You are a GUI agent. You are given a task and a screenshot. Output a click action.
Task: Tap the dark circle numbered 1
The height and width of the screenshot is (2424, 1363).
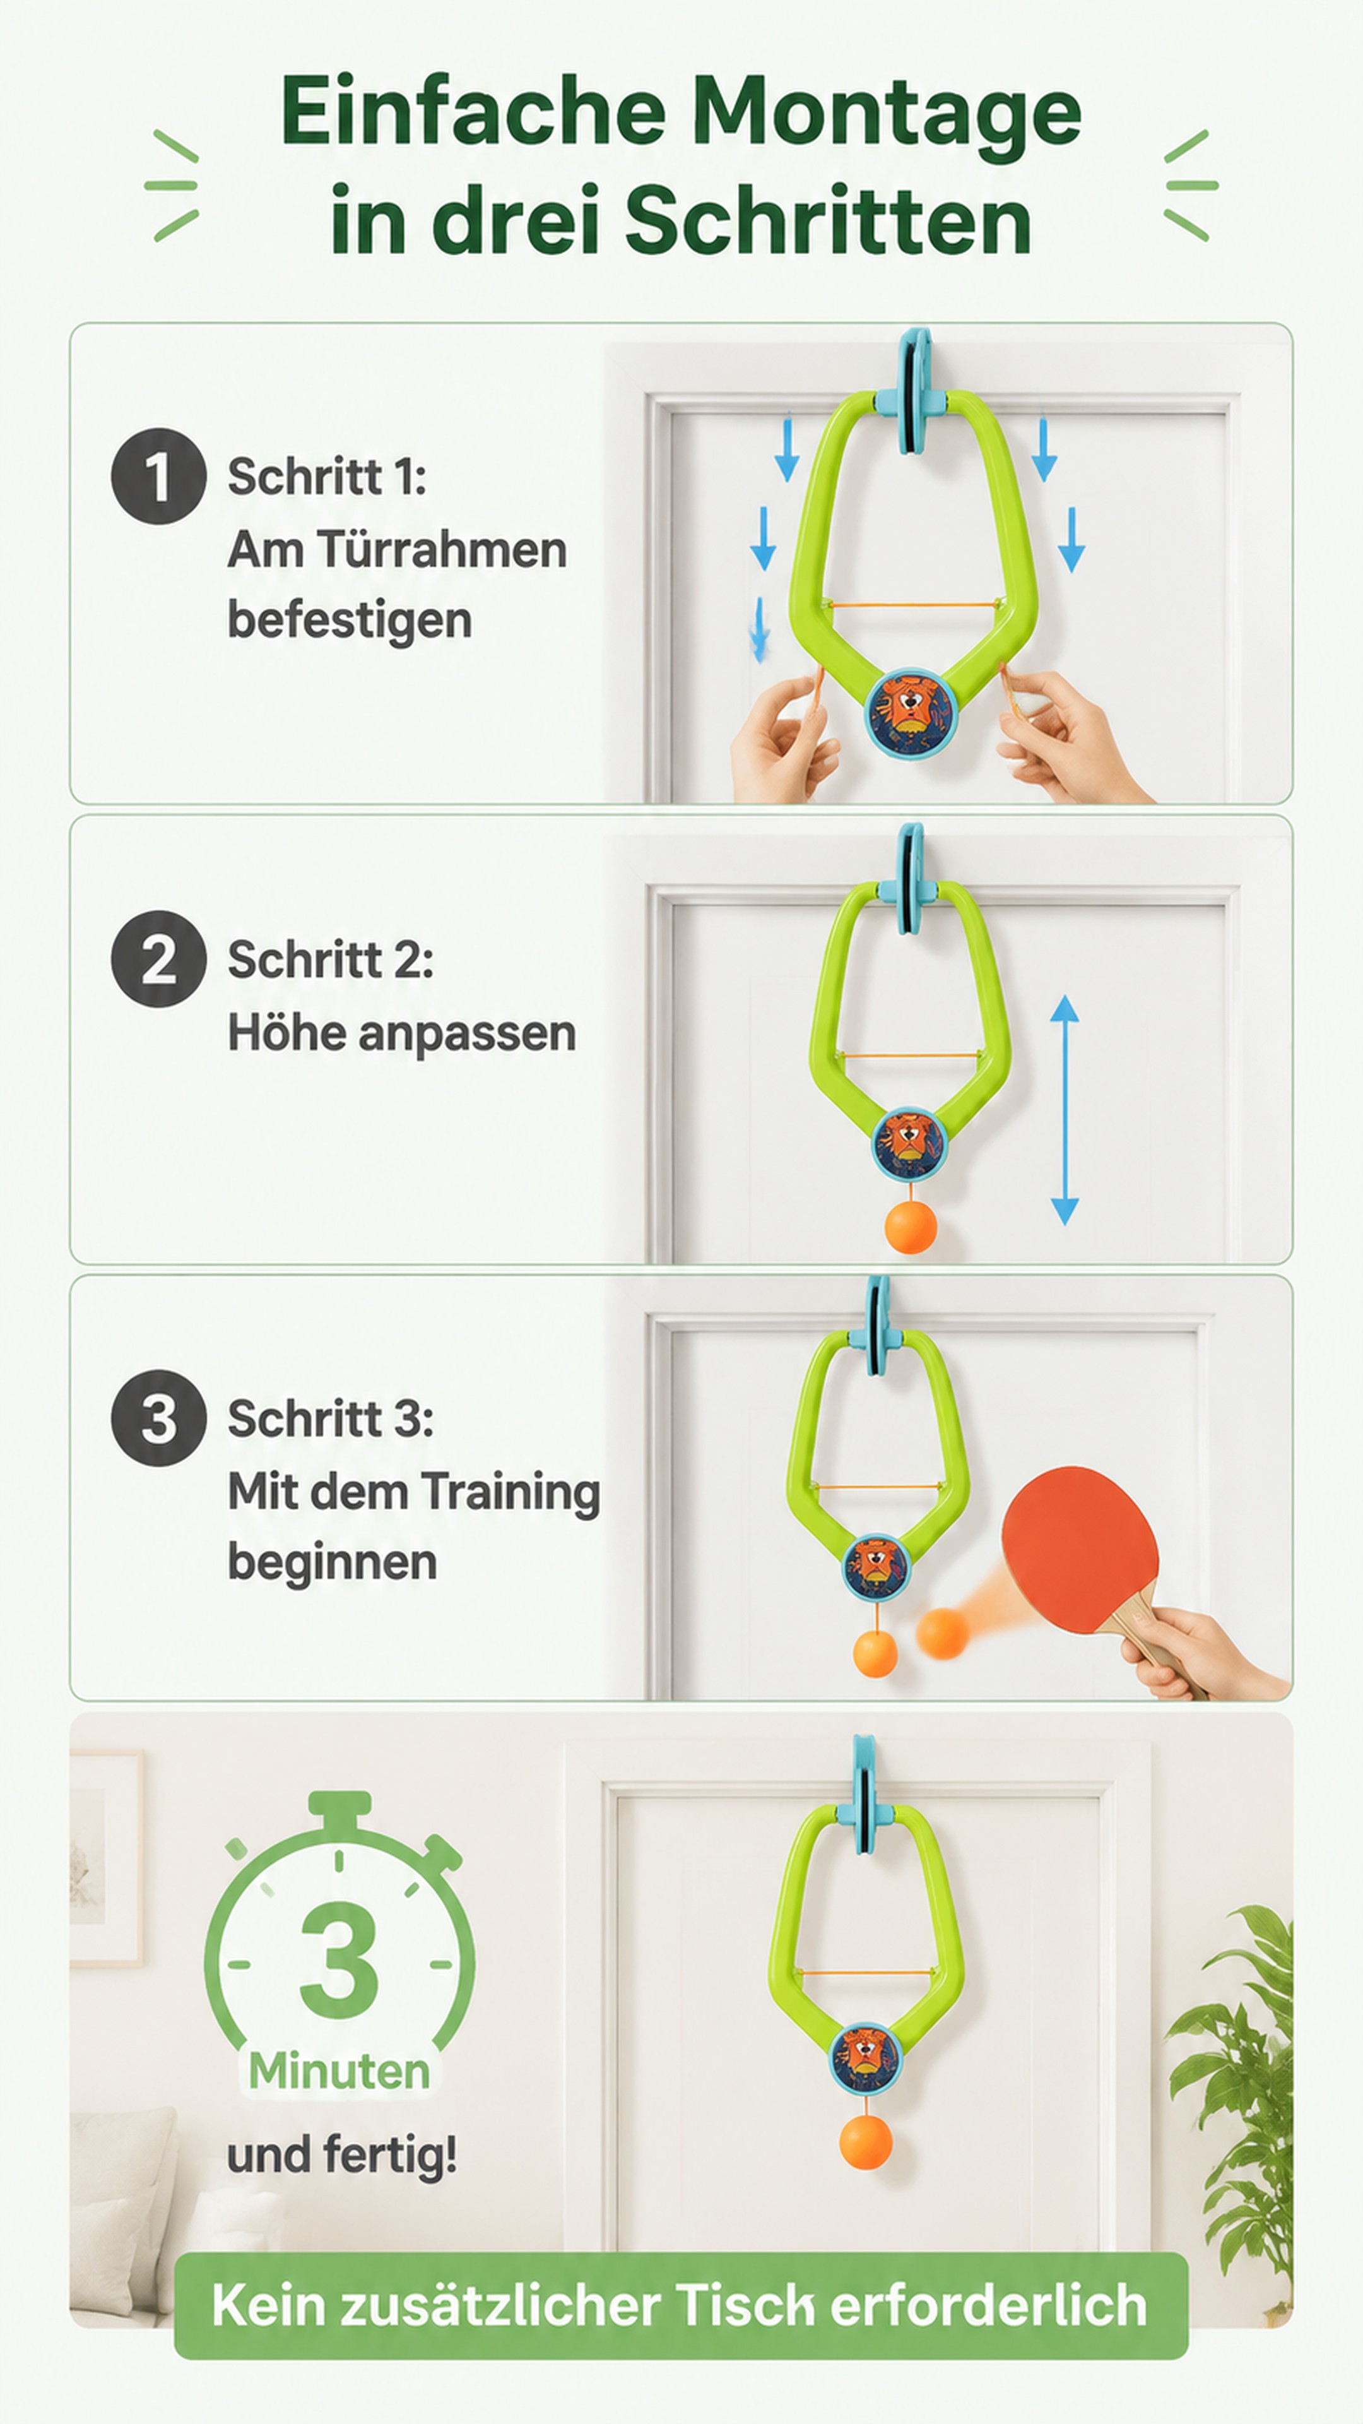(158, 476)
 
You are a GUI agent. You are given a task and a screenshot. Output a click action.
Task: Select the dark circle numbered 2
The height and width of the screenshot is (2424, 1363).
(158, 959)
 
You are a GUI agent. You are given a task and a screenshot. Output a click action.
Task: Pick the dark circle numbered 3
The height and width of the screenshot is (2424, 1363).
(158, 1417)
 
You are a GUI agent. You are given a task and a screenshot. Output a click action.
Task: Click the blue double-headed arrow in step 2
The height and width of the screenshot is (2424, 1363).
(1064, 1110)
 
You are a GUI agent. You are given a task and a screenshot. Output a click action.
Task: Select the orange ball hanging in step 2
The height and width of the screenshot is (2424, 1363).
(911, 1226)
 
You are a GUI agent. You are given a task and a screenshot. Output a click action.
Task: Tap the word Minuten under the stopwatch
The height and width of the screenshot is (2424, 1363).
(339, 2071)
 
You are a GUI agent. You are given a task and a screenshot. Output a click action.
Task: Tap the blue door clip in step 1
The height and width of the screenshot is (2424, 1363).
(911, 391)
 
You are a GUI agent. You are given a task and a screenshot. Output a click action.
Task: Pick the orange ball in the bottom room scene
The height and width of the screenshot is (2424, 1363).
(865, 2142)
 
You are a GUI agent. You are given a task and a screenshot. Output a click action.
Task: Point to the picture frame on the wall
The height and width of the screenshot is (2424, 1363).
(105, 1858)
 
